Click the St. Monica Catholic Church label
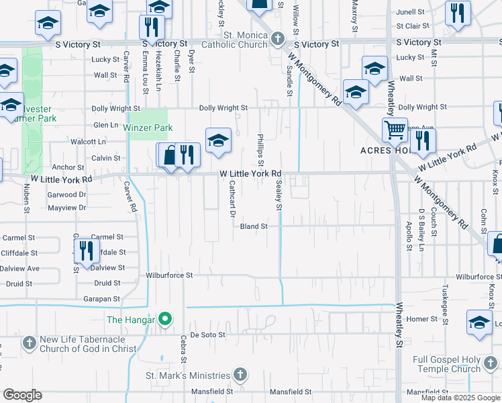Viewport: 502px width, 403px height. (236, 40)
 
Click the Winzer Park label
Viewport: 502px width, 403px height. (148, 128)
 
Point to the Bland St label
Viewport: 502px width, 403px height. (254, 226)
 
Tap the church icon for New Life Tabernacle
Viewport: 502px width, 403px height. (29, 343)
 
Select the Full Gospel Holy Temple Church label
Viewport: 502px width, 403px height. (448, 364)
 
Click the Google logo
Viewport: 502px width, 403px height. (23, 395)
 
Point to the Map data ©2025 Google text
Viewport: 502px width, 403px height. (460, 398)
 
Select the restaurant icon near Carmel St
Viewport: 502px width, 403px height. (87, 251)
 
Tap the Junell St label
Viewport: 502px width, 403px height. (411, 12)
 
